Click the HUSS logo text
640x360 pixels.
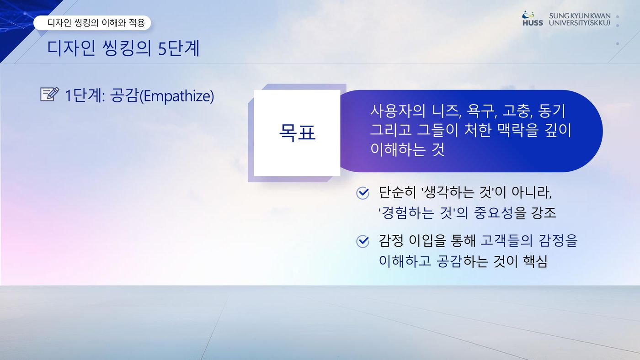(533, 23)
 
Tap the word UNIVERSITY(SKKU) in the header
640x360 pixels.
(580, 23)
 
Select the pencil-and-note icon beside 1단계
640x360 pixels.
(50, 94)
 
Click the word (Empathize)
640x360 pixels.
(176, 95)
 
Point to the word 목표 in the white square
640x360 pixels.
(297, 132)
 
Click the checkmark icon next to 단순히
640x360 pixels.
(363, 193)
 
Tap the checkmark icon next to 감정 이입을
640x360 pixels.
(363, 242)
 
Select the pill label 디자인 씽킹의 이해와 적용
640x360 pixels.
(92, 23)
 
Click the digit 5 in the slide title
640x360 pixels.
(162, 48)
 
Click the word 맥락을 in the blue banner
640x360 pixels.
(517, 130)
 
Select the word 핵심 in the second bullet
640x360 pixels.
(535, 261)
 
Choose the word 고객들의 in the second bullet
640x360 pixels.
(507, 240)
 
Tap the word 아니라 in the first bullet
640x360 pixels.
(531, 192)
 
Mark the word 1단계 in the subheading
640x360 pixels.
(83, 95)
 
